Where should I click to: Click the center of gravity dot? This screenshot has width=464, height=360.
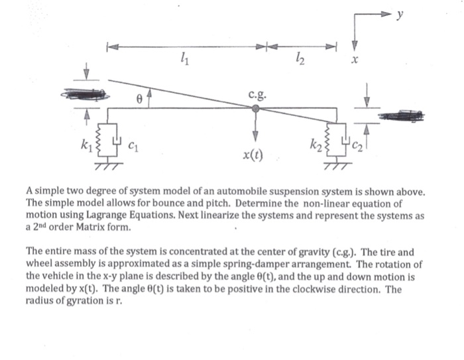pyautogui.click(x=256, y=108)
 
